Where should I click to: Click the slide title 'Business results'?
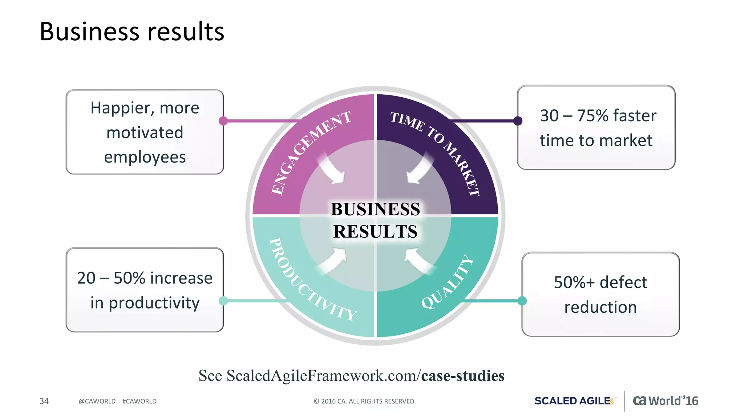click(x=132, y=32)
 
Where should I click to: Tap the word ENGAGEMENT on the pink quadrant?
click(x=311, y=152)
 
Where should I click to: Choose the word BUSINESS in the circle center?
click(x=375, y=209)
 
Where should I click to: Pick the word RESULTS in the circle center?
click(x=375, y=231)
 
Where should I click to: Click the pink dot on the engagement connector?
click(x=223, y=121)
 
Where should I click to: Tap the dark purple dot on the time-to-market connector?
click(x=518, y=121)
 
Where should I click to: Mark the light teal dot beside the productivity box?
click(x=223, y=300)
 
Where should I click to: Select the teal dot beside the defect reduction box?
click(x=522, y=300)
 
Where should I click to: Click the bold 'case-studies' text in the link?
click(x=463, y=376)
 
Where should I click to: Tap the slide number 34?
click(x=44, y=401)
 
